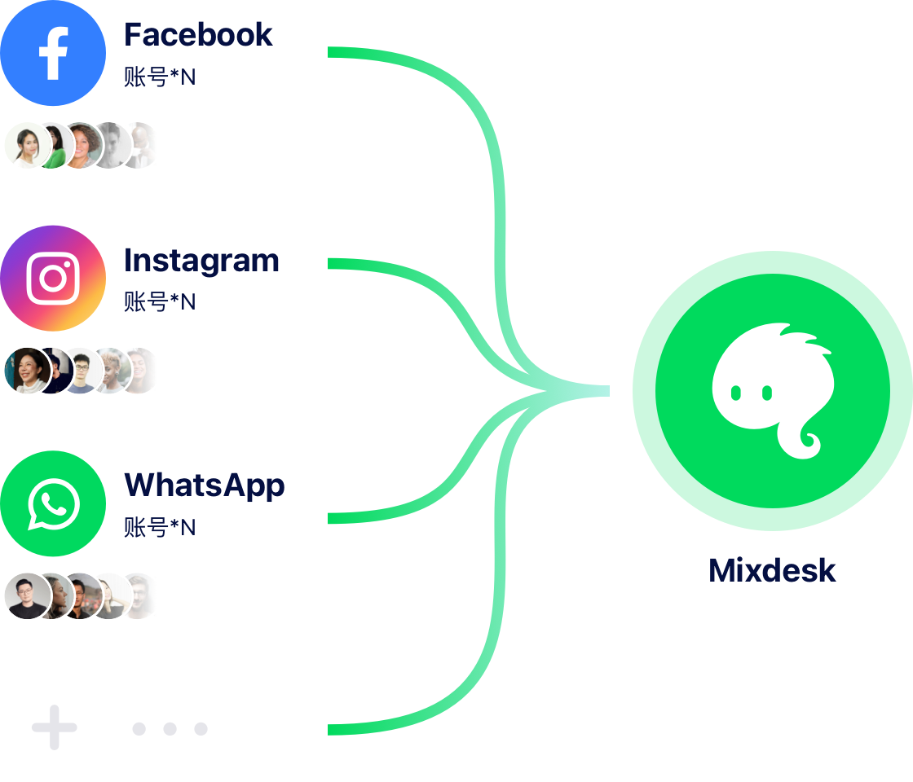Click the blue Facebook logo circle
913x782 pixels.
click(x=53, y=53)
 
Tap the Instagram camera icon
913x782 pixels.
click(x=53, y=278)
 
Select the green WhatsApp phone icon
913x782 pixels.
click(x=53, y=504)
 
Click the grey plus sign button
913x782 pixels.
click(x=53, y=727)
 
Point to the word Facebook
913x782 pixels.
click(x=198, y=35)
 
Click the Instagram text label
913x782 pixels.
click(x=201, y=261)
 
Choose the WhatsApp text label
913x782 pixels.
click(x=204, y=485)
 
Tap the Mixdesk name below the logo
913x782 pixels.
click(x=772, y=570)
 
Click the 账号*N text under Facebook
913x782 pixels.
click(x=160, y=78)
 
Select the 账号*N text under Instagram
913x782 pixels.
click(x=160, y=302)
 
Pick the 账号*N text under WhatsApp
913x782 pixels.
click(x=160, y=528)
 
